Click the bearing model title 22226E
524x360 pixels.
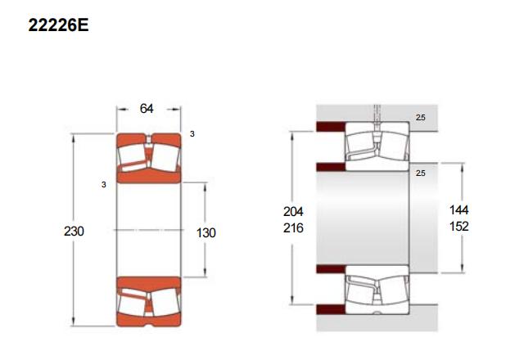tap(58, 25)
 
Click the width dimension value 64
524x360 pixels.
tap(147, 109)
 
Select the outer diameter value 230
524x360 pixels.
tap(74, 231)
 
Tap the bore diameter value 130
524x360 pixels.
tap(206, 232)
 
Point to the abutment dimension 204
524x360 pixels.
tap(293, 211)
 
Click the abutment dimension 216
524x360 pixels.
tap(293, 227)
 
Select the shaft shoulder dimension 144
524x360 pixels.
tap(458, 210)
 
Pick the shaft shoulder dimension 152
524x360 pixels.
tap(458, 227)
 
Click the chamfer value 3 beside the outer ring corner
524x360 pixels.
tap(192, 134)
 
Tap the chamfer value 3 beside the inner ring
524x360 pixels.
tap(104, 185)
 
